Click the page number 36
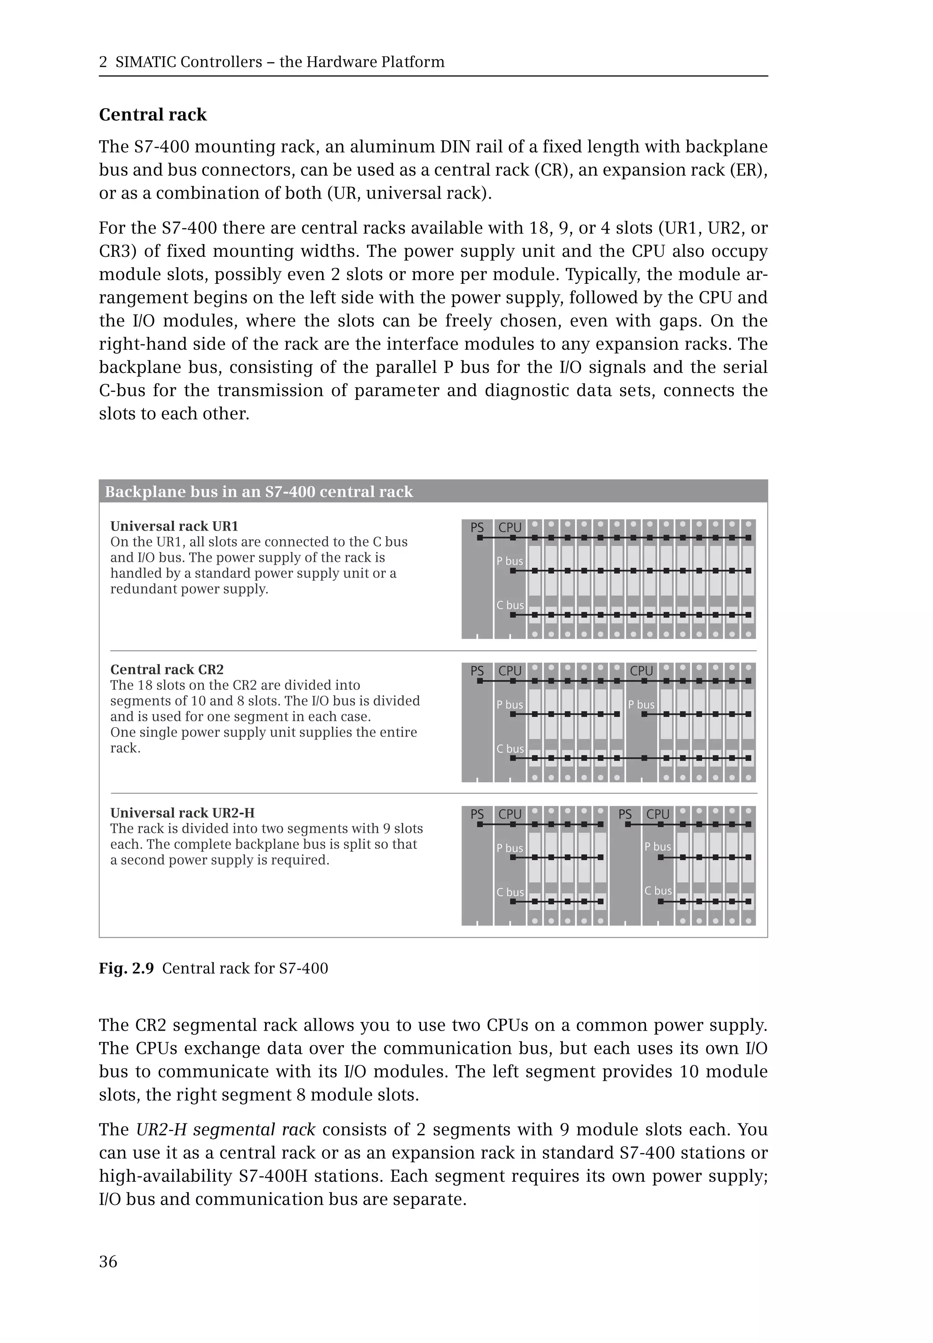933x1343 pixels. [108, 1262]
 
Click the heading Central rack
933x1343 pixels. [153, 115]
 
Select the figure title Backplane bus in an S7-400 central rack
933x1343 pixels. [258, 491]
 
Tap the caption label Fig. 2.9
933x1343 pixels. [126, 968]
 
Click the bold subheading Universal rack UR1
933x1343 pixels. [174, 526]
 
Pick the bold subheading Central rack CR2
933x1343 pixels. [167, 669]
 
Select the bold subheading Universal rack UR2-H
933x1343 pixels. [182, 813]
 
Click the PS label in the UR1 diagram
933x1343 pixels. [477, 527]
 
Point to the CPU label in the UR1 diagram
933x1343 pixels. [510, 527]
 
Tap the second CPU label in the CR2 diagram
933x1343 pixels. [641, 671]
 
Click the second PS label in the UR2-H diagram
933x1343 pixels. [625, 814]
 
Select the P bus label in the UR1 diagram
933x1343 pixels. [510, 561]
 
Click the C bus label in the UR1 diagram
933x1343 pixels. [510, 605]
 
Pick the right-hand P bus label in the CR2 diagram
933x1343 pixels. [641, 705]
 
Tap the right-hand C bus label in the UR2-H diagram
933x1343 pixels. [658, 891]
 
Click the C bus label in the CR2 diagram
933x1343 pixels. [510, 749]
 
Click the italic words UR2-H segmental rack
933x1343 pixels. [226, 1130]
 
